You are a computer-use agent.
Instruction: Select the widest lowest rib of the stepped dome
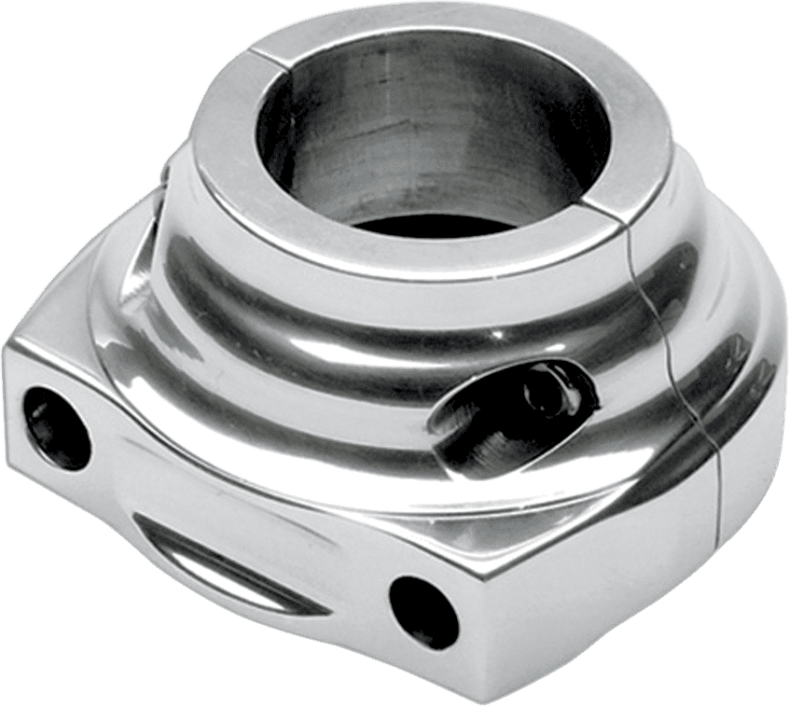coord(280,438)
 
